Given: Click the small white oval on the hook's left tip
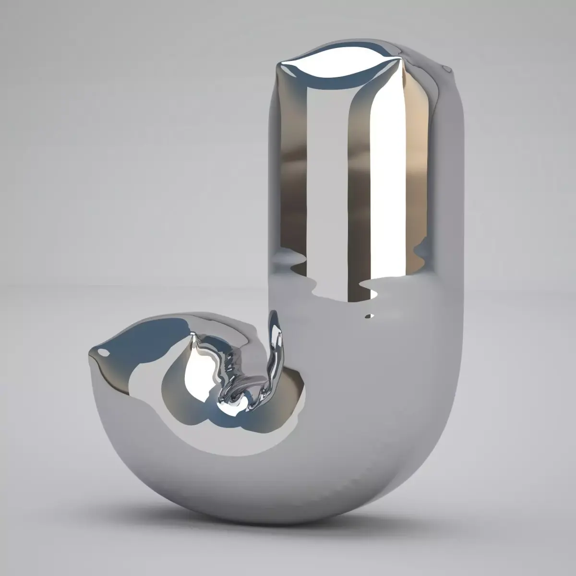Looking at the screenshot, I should click(x=103, y=352).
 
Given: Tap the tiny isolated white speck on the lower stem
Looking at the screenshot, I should click(x=369, y=316).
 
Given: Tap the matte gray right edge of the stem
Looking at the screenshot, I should click(x=454, y=192).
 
